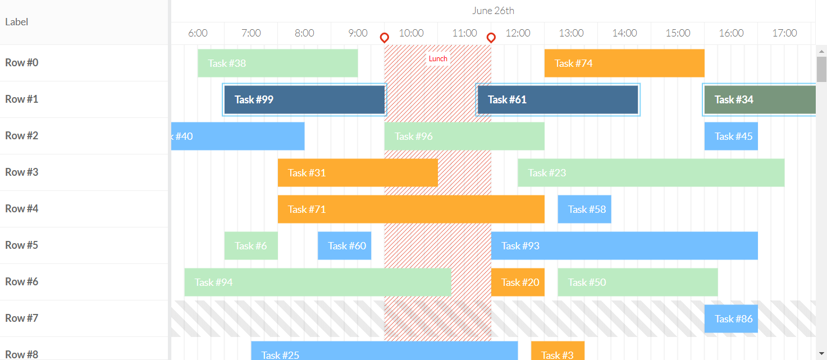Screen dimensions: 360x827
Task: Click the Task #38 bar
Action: [x=277, y=63]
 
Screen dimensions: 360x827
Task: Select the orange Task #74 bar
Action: [x=624, y=63]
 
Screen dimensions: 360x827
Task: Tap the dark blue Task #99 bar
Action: [x=304, y=99]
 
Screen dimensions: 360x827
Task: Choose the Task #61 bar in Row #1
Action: [x=558, y=99]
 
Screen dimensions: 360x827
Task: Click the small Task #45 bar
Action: [x=731, y=136]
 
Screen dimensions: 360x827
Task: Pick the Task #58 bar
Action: [x=584, y=209]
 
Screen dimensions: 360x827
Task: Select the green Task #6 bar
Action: [x=251, y=245]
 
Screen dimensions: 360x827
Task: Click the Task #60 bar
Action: [x=344, y=245]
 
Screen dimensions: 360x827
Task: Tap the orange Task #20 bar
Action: [x=518, y=282]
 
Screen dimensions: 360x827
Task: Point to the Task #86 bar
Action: [x=731, y=318]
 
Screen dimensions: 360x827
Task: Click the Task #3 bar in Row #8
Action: [x=558, y=352]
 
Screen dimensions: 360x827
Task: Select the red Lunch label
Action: [x=438, y=58]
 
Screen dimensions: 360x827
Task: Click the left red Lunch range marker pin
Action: [x=385, y=38]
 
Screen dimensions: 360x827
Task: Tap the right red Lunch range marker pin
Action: [x=491, y=38]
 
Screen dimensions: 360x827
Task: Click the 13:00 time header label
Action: [x=571, y=33]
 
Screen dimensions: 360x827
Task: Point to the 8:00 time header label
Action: [x=304, y=33]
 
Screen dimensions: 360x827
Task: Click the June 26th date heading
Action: [x=493, y=11]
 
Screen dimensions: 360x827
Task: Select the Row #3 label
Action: [x=22, y=172]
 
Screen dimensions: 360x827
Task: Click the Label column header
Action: [x=17, y=22]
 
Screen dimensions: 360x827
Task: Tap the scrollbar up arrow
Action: [x=821, y=51]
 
